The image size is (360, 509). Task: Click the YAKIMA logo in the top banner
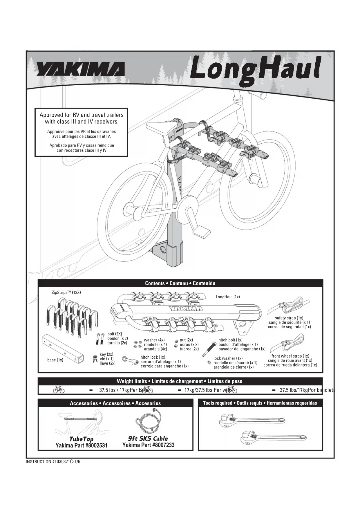pyautogui.click(x=80, y=69)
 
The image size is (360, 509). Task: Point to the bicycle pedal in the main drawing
pyautogui.click(x=201, y=232)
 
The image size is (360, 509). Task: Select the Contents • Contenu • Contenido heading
pyautogui.click(x=180, y=283)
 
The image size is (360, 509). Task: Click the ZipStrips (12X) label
pyautogui.click(x=66, y=292)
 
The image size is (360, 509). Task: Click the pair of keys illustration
pyautogui.click(x=95, y=359)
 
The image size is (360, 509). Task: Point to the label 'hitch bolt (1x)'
pyautogui.click(x=230, y=340)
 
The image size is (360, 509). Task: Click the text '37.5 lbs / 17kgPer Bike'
pyautogui.click(x=124, y=390)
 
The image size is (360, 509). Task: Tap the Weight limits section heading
pyautogui.click(x=180, y=381)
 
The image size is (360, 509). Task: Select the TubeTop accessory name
pyautogui.click(x=81, y=439)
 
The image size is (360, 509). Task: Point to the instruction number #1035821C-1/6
pyautogui.click(x=53, y=462)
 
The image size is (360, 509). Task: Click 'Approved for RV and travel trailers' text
pyautogui.click(x=82, y=115)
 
